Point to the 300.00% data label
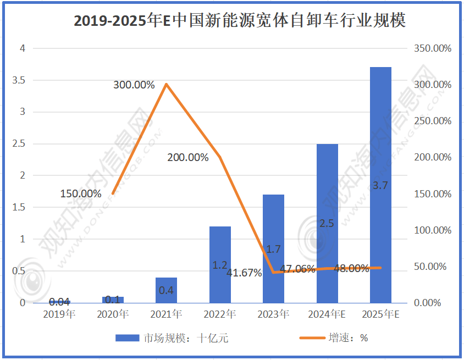pyautogui.click(x=134, y=85)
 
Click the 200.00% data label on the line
pyautogui.click(x=188, y=158)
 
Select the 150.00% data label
pyautogui.click(x=81, y=194)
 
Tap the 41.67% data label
pyautogui.click(x=244, y=273)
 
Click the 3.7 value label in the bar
pyautogui.click(x=380, y=186)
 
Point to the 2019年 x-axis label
pyautogui.click(x=59, y=315)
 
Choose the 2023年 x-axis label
pyautogui.click(x=273, y=315)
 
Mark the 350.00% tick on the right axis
pyautogui.click(x=432, y=48)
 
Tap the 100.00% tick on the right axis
pyautogui.click(x=432, y=230)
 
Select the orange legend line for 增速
pyautogui.click(x=313, y=338)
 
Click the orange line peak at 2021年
pyautogui.click(x=166, y=84)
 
